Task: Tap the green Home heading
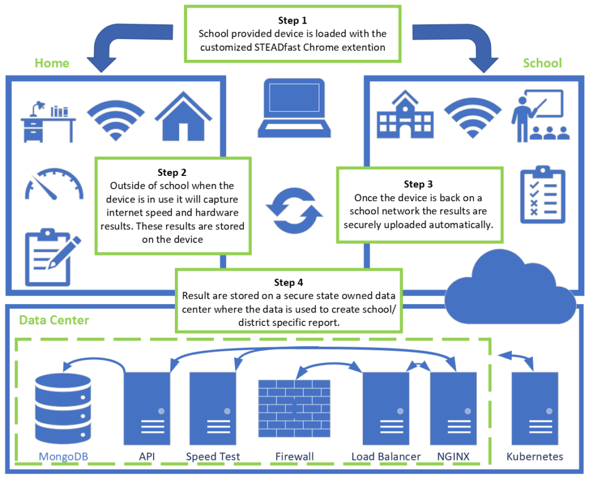pyautogui.click(x=52, y=63)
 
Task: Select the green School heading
pyautogui.click(x=542, y=63)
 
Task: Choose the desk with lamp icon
pyautogui.click(x=48, y=121)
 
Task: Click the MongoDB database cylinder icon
pyautogui.click(x=63, y=407)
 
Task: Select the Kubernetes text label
pyautogui.click(x=534, y=457)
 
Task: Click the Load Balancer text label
pyautogui.click(x=386, y=457)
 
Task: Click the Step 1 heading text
pyautogui.click(x=292, y=21)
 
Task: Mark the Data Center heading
pyautogui.click(x=54, y=320)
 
